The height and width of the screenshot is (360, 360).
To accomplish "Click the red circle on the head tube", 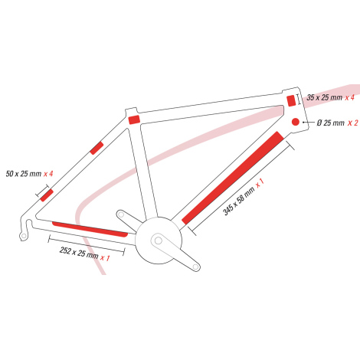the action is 296,122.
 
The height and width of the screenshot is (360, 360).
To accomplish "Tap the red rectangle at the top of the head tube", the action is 291,100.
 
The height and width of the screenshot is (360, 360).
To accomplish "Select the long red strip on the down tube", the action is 233,178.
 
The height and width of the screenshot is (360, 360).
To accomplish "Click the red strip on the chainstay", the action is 90,229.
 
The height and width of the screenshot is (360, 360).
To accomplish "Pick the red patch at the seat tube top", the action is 134,119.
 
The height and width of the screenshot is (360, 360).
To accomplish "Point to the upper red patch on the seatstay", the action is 97,148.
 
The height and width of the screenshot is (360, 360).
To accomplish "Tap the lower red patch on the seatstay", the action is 47,195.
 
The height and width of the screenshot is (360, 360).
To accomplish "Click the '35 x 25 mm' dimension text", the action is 324,97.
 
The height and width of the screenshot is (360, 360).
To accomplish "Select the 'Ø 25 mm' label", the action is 331,123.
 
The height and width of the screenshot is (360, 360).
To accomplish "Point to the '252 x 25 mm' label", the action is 79,253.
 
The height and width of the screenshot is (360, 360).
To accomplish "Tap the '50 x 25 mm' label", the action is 24,174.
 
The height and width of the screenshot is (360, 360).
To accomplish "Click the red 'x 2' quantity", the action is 353,123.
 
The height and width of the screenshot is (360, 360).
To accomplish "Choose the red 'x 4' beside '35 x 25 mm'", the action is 350,97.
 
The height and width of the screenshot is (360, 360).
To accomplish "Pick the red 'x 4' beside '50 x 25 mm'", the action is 48,174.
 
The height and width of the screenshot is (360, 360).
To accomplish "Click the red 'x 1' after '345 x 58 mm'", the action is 260,183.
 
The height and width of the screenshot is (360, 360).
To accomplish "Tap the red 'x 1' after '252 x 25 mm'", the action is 105,258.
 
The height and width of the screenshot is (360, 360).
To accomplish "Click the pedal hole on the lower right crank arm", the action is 195,267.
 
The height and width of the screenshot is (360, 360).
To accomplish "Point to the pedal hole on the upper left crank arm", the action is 120,214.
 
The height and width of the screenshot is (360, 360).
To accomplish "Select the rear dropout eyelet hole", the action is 24,236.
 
